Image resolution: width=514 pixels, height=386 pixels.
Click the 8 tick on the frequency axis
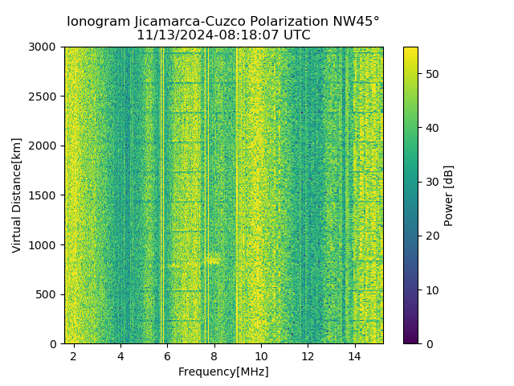(214, 355)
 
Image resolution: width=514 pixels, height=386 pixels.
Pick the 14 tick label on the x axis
(355, 355)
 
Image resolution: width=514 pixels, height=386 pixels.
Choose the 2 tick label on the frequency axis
(74, 355)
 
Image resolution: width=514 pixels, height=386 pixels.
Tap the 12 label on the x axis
(308, 355)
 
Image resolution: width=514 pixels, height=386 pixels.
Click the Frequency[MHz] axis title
(223, 372)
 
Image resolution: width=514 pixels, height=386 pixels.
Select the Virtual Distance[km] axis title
(17, 195)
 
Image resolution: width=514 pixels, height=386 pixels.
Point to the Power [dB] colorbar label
(449, 195)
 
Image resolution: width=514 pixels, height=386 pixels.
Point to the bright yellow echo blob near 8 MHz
(212, 260)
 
